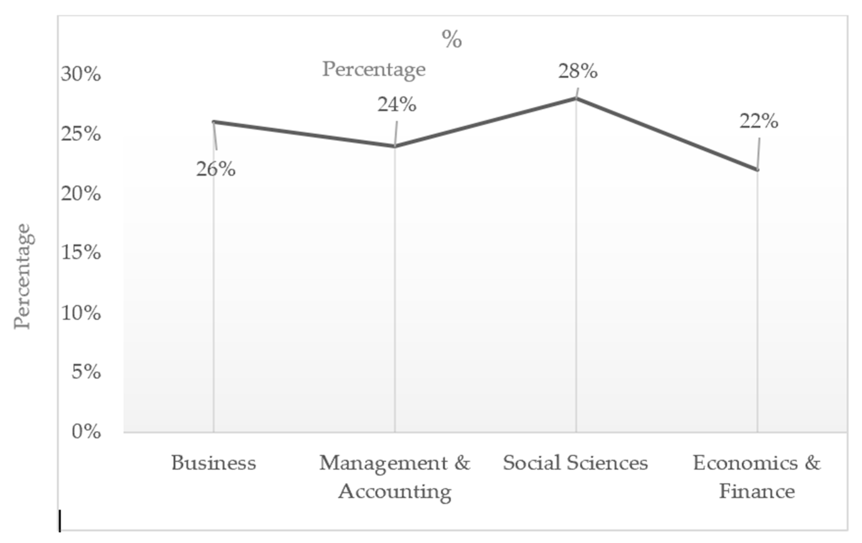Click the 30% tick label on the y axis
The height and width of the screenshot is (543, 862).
[x=81, y=75]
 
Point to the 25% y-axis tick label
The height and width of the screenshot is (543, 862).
[x=81, y=134]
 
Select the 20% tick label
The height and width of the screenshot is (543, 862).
[x=81, y=194]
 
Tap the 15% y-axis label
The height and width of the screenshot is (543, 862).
[x=81, y=253]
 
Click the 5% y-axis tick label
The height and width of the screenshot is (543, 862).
[x=86, y=372]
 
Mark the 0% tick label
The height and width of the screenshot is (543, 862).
[x=86, y=432]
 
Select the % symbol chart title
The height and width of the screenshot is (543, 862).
[x=452, y=39]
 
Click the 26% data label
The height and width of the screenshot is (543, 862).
[x=216, y=169]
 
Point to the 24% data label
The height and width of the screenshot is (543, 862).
[x=397, y=105]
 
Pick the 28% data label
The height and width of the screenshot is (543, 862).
[x=578, y=71]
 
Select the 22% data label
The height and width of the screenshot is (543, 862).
[x=759, y=121]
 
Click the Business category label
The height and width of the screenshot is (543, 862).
[x=214, y=463]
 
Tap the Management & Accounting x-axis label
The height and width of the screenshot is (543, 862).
[x=395, y=477]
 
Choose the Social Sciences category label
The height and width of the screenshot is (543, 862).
[x=575, y=463]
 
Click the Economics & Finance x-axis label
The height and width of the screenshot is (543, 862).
[x=757, y=477]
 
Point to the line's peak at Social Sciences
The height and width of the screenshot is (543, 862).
[x=576, y=98]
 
